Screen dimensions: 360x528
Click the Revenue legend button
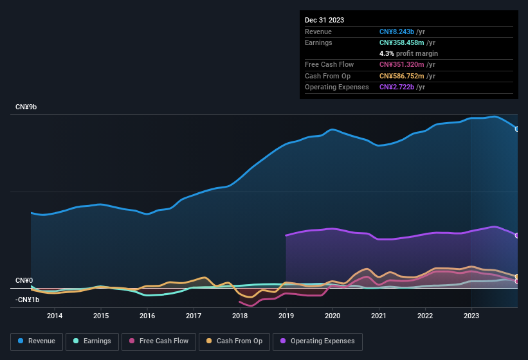[37, 341]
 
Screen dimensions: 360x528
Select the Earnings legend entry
[92, 341]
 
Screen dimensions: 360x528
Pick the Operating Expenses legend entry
[318, 341]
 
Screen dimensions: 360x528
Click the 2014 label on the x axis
[55, 316]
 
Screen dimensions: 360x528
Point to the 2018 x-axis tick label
[240, 316]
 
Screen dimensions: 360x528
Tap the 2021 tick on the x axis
[379, 316]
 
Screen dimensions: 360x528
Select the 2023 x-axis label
[471, 316]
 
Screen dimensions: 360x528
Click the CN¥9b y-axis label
[26, 107]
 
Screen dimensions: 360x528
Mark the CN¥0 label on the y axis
[24, 281]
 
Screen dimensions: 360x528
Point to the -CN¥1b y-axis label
[28, 300]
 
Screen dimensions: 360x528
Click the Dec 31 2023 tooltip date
[324, 20]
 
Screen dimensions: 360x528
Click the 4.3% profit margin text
[408, 53]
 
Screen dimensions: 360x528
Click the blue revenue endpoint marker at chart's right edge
[517, 129]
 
